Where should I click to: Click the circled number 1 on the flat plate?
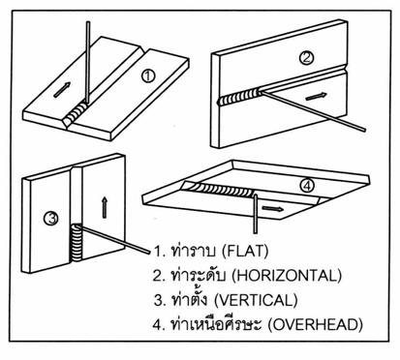point(148,76)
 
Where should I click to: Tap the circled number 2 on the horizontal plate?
point(306,58)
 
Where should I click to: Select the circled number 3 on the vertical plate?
point(51,219)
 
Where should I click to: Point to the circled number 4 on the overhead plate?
point(306,186)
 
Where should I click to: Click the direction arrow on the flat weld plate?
point(62,90)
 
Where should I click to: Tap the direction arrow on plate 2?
point(316,96)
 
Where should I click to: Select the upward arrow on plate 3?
point(104,208)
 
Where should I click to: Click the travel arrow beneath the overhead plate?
point(273,209)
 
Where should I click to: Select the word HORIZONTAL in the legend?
point(287,276)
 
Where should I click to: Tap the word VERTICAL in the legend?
point(256,300)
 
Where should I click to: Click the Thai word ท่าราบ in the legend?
point(194,250)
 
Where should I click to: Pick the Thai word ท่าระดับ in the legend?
point(198,275)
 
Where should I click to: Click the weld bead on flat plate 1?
point(77,115)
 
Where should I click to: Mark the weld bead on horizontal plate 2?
point(239,98)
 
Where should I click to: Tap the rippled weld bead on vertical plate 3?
point(77,244)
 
